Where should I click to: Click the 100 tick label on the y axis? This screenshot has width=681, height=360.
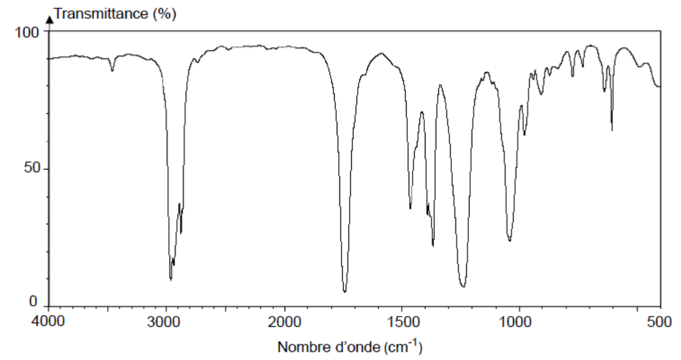point(28,32)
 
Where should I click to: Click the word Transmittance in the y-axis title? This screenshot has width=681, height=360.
point(102,14)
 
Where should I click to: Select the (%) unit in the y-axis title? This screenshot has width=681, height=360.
point(164,14)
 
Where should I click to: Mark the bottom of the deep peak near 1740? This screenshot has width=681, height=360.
point(345,292)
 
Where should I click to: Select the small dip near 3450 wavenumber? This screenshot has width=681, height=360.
point(112,70)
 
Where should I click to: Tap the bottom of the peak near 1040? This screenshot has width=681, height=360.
point(510,241)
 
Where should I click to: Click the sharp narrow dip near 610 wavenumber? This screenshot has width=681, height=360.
point(612,129)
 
